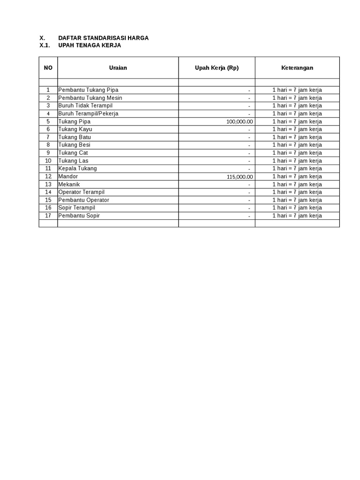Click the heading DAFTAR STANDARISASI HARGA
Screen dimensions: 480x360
[103, 38]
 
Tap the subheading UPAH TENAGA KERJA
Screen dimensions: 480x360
[90, 45]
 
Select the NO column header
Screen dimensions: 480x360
[48, 68]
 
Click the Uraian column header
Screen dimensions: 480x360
[118, 68]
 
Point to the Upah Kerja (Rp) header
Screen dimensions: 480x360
[217, 68]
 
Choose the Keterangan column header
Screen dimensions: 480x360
[297, 68]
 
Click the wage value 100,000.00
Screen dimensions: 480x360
[240, 121]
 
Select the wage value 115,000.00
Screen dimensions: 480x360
[240, 177]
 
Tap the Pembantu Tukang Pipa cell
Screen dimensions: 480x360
[88, 90]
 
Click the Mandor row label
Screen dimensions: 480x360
[68, 176]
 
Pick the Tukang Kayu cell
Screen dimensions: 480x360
[75, 129]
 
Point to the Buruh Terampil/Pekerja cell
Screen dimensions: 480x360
[88, 113]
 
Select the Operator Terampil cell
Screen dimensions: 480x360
[81, 192]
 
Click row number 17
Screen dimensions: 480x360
[48, 216]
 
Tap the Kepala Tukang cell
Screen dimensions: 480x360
[77, 168]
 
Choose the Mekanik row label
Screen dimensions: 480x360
[69, 184]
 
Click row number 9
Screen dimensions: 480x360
[48, 153]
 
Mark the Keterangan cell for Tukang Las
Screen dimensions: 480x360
[297, 161]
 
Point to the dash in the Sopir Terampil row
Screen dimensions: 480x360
[249, 208]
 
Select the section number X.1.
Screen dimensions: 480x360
[45, 45]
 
